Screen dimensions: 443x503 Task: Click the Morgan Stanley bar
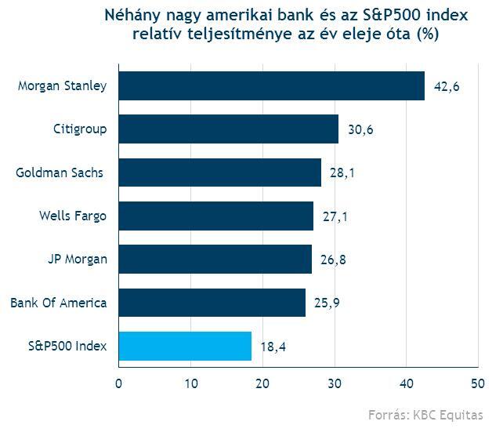(271, 85)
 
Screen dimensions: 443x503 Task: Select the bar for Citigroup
(228, 129)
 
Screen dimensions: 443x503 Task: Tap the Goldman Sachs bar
(219, 172)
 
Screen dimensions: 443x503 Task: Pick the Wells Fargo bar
(215, 216)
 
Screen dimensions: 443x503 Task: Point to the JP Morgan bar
(215, 259)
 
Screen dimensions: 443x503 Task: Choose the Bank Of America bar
(212, 302)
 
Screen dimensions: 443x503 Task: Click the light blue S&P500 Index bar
(185, 346)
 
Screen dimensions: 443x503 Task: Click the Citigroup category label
(80, 129)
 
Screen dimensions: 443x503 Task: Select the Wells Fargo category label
(73, 216)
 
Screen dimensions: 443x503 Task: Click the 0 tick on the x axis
(118, 383)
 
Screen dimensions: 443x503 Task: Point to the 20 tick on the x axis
(262, 383)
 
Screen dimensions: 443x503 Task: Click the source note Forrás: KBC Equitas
(425, 416)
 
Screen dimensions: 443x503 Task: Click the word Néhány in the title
(131, 16)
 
